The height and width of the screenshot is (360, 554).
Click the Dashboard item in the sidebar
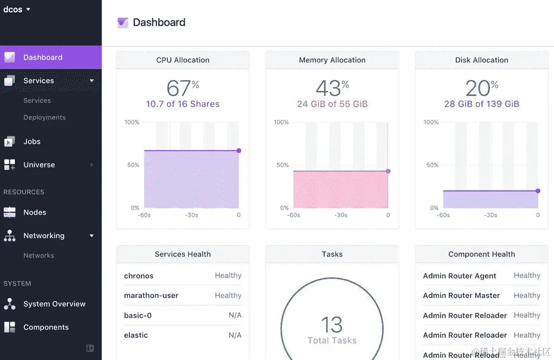click(43, 57)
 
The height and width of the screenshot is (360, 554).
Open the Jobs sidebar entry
click(32, 141)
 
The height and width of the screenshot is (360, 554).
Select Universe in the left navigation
click(39, 165)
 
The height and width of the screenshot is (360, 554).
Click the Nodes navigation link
click(35, 212)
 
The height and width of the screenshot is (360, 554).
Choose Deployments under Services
click(44, 117)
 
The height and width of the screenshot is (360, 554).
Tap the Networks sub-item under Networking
click(39, 256)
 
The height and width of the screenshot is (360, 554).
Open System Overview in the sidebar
click(54, 304)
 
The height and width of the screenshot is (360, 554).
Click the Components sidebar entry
click(46, 327)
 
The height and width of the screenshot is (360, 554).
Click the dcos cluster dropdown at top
click(16, 9)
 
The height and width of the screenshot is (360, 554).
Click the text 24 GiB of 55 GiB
click(332, 104)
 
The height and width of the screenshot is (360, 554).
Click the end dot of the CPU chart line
click(239, 151)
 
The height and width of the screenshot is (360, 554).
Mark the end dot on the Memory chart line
click(388, 171)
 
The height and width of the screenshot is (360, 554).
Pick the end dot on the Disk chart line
click(538, 191)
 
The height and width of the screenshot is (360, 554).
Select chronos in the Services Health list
click(139, 276)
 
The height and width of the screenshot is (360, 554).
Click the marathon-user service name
click(151, 295)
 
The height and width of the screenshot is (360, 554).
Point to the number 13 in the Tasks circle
click(332, 325)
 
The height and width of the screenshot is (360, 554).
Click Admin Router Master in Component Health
click(461, 295)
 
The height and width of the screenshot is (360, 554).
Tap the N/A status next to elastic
click(235, 335)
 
